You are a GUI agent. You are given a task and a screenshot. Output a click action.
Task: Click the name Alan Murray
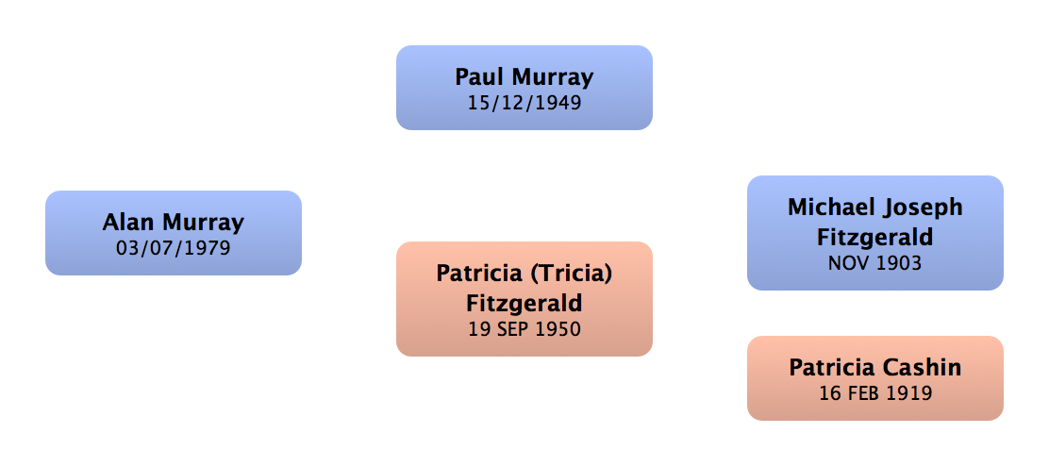point(174,223)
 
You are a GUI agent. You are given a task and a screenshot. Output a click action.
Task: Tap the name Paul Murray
point(524,76)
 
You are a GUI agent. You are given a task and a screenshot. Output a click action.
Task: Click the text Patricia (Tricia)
point(524,274)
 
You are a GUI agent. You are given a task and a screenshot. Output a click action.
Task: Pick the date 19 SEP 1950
point(524,329)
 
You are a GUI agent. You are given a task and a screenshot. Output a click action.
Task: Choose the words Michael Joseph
point(875,208)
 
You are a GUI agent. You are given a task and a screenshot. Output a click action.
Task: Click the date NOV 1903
point(875,263)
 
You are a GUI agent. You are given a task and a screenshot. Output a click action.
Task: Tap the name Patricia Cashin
point(875,368)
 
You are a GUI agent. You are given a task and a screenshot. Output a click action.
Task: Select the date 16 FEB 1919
point(875,392)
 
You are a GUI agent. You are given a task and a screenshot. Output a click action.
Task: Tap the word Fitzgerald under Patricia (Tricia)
point(524,304)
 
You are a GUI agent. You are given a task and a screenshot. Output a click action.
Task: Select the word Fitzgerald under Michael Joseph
point(875,237)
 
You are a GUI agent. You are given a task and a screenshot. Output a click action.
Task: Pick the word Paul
point(479,76)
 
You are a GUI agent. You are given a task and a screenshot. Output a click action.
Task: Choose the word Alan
point(129,223)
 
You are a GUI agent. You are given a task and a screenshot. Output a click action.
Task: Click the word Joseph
point(922,208)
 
